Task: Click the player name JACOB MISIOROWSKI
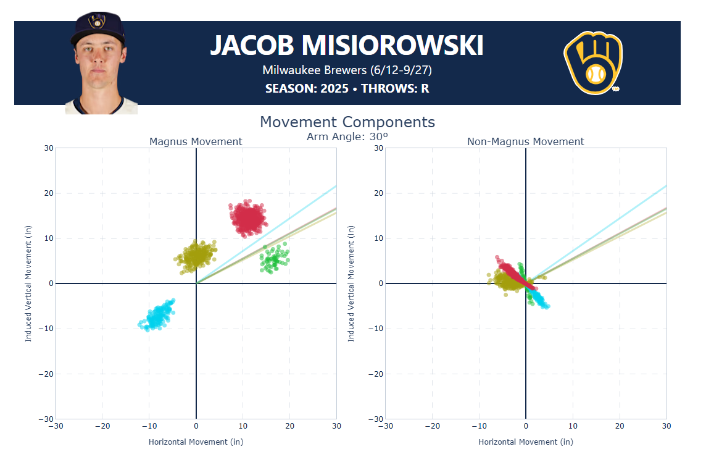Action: pos(347,46)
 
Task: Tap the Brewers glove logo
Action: pos(593,63)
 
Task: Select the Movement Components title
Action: pos(347,122)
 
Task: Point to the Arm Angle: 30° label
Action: pos(347,136)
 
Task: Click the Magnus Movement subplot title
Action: pos(196,142)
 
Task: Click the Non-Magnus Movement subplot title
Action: pos(525,142)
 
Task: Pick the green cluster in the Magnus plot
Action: pos(273,259)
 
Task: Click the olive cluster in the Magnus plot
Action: pos(196,254)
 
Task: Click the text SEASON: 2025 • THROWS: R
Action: pos(347,88)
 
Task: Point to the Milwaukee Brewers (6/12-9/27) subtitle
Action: pos(347,70)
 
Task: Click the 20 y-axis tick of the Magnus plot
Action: pos(48,193)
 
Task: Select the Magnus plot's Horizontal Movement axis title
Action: pos(196,442)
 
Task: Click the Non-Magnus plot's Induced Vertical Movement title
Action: pos(351,283)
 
